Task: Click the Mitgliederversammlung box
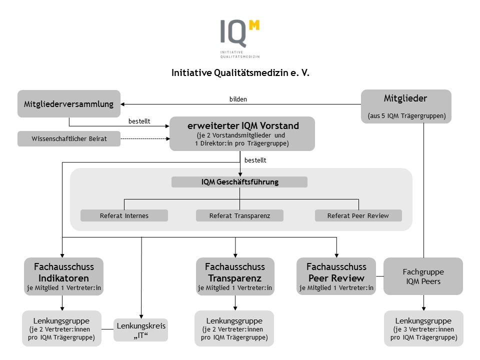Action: [x=69, y=104]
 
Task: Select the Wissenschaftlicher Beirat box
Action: [x=69, y=138]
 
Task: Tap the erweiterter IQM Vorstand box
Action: [x=242, y=134]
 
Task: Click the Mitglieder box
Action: [x=406, y=106]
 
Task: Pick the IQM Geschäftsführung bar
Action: [x=239, y=182]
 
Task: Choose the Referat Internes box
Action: [x=124, y=215]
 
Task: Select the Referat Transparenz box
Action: [x=239, y=215]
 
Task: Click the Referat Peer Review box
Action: [x=358, y=215]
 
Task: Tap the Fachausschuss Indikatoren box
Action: [x=63, y=276]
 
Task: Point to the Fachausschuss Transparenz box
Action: [x=235, y=276]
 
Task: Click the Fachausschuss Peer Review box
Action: [x=336, y=276]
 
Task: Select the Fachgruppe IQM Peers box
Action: [x=423, y=276]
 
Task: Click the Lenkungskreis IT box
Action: [x=141, y=330]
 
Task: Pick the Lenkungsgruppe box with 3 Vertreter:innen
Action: [x=423, y=328]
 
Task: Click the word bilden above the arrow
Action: [x=238, y=99]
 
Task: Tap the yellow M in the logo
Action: [x=254, y=25]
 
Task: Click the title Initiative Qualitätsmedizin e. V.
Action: [x=240, y=73]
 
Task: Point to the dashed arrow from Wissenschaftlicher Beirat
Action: [x=145, y=138]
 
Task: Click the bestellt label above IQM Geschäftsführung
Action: [x=255, y=160]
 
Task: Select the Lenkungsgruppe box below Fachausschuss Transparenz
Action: [x=234, y=328]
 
